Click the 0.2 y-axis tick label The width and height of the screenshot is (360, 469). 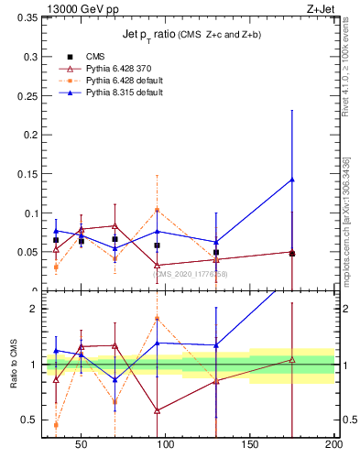pyautogui.click(x=28, y=135)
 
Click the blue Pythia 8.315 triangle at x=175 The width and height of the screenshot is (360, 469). pyautogui.click(x=292, y=180)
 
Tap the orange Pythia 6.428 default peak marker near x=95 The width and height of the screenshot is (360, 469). pyautogui.click(x=157, y=210)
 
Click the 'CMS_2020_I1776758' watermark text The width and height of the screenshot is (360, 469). pyautogui.click(x=190, y=273)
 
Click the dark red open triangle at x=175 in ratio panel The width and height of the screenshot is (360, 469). pyautogui.click(x=292, y=360)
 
